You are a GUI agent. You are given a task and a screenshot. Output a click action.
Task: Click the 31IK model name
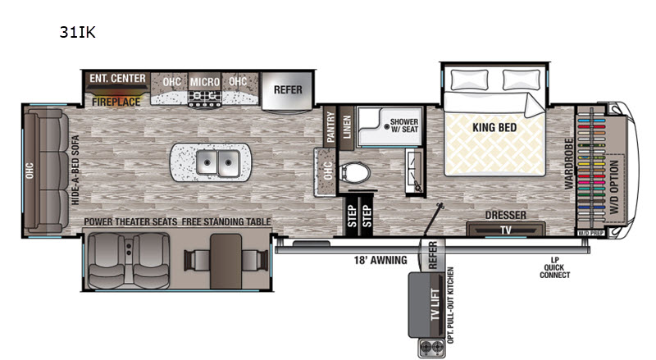pyautogui.click(x=77, y=32)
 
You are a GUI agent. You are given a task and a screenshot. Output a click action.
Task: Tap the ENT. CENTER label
pyautogui.click(x=117, y=78)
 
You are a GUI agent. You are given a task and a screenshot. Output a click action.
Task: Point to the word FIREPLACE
pyautogui.click(x=116, y=102)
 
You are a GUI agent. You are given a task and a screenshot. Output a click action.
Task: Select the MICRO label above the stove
pyautogui.click(x=204, y=82)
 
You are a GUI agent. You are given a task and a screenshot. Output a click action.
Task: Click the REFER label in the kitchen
pyautogui.click(x=288, y=89)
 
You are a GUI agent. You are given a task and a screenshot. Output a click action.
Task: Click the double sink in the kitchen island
pyautogui.click(x=217, y=162)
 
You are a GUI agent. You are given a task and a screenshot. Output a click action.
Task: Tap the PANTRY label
pyautogui.click(x=330, y=127)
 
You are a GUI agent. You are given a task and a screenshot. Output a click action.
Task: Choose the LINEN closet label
pyautogui.click(x=347, y=127)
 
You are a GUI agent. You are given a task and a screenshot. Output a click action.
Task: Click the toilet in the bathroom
pyautogui.click(x=355, y=172)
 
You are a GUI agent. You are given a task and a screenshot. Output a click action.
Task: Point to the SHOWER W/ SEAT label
pyautogui.click(x=404, y=125)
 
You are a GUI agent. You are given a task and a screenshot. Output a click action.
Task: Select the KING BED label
pyautogui.click(x=494, y=127)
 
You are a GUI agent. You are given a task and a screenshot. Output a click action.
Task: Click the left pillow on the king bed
pyautogui.click(x=470, y=80)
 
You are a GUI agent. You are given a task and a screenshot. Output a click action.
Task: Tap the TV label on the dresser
pyautogui.click(x=506, y=230)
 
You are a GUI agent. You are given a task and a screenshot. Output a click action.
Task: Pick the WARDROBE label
pyautogui.click(x=568, y=164)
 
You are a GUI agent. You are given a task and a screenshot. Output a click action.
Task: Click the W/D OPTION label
pyautogui.click(x=614, y=187)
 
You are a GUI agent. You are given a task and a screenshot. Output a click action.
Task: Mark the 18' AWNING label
pyautogui.click(x=380, y=261)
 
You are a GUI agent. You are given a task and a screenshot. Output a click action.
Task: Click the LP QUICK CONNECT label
pyautogui.click(x=555, y=267)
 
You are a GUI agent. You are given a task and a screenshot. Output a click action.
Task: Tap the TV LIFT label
pyautogui.click(x=435, y=304)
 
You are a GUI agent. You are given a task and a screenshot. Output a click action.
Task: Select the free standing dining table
pyautogui.click(x=226, y=262)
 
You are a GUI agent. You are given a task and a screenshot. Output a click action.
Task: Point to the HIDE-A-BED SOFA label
pyautogui.click(x=75, y=170)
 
